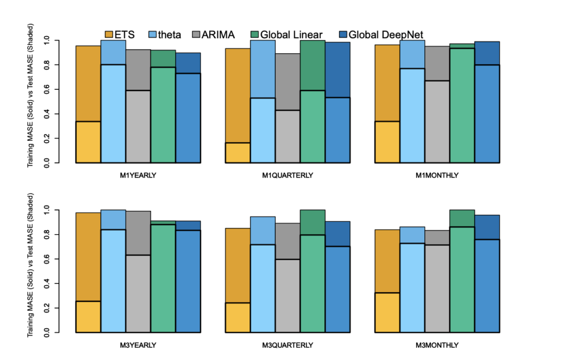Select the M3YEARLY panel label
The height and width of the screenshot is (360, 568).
click(x=138, y=345)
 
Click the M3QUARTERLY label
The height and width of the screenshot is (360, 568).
click(x=287, y=345)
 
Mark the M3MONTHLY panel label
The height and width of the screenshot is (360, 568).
click(x=437, y=345)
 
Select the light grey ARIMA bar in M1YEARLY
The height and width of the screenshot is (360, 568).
click(x=138, y=126)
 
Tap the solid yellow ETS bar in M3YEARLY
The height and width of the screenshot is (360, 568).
click(x=88, y=317)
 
